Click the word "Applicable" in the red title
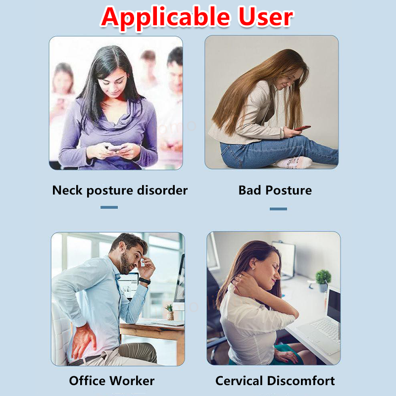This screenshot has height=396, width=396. point(166,18)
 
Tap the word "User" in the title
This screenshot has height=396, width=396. point(266,17)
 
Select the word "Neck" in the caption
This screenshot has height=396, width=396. point(67,190)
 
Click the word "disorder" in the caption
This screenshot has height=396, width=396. point(162,190)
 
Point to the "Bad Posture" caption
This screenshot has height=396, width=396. point(275,190)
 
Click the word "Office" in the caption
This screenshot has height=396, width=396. point(87,381)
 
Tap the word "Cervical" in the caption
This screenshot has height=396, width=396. point(239,381)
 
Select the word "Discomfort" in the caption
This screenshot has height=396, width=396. point(301,381)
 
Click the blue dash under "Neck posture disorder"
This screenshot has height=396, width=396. point(109,207)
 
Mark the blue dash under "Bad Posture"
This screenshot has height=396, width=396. point(278,209)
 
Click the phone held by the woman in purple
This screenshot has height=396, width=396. point(115,148)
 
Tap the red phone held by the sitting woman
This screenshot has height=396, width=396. point(302,128)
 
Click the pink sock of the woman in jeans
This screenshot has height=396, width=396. point(294,162)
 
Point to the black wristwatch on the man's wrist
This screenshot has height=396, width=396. point(144,281)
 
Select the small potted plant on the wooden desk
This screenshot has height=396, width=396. point(170,312)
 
